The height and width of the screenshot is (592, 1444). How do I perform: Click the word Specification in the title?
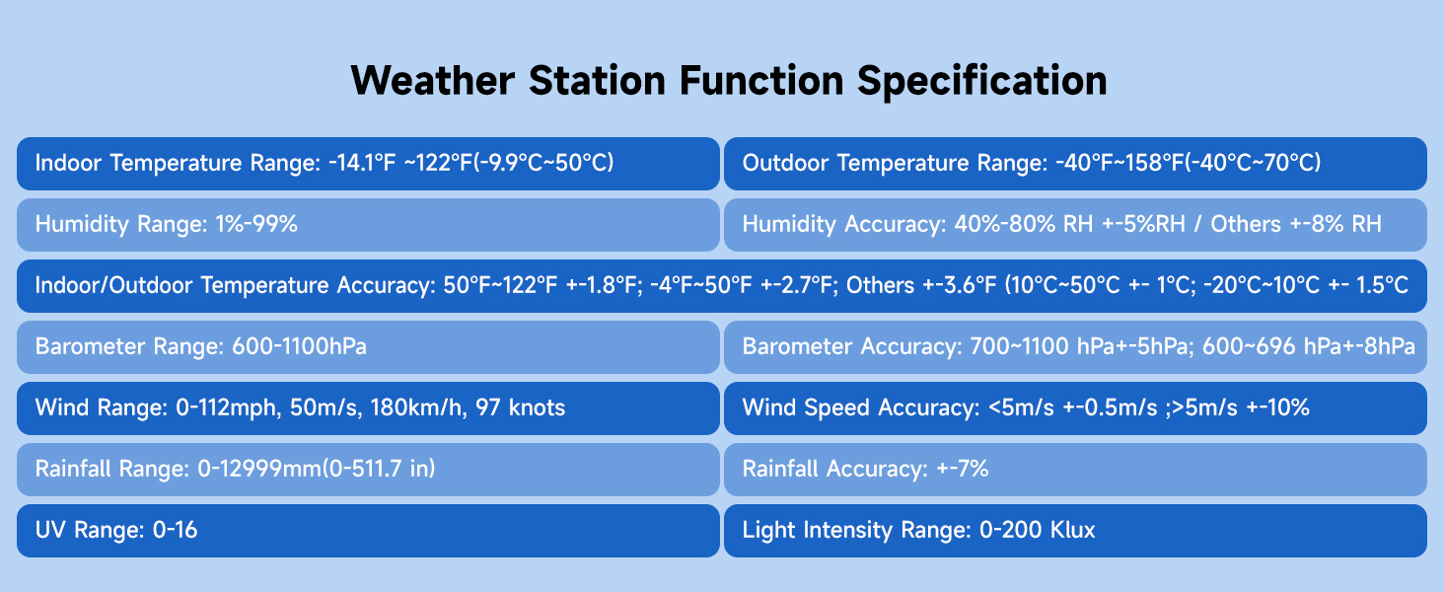981,81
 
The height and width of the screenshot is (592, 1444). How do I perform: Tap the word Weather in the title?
433,80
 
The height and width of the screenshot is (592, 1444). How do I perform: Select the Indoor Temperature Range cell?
368,163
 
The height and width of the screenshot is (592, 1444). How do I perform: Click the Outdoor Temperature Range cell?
1075,163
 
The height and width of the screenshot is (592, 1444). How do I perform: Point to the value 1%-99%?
256,224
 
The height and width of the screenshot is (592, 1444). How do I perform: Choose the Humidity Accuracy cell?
1075,224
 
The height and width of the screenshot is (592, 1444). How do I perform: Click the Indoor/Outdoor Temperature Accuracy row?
721,286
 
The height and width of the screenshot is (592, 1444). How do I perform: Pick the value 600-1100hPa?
299,346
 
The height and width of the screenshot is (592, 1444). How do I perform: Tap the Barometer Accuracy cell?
1075,347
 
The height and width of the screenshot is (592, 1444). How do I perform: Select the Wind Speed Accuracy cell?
1075,408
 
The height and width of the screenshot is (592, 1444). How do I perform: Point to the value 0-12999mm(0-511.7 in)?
316,469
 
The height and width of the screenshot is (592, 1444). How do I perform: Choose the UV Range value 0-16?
175,530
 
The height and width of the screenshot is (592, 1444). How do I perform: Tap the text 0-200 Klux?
1038,530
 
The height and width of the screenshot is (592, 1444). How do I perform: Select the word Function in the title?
761,80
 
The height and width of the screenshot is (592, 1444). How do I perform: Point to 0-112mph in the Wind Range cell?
228,408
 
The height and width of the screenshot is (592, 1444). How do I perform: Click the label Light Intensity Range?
856,531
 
